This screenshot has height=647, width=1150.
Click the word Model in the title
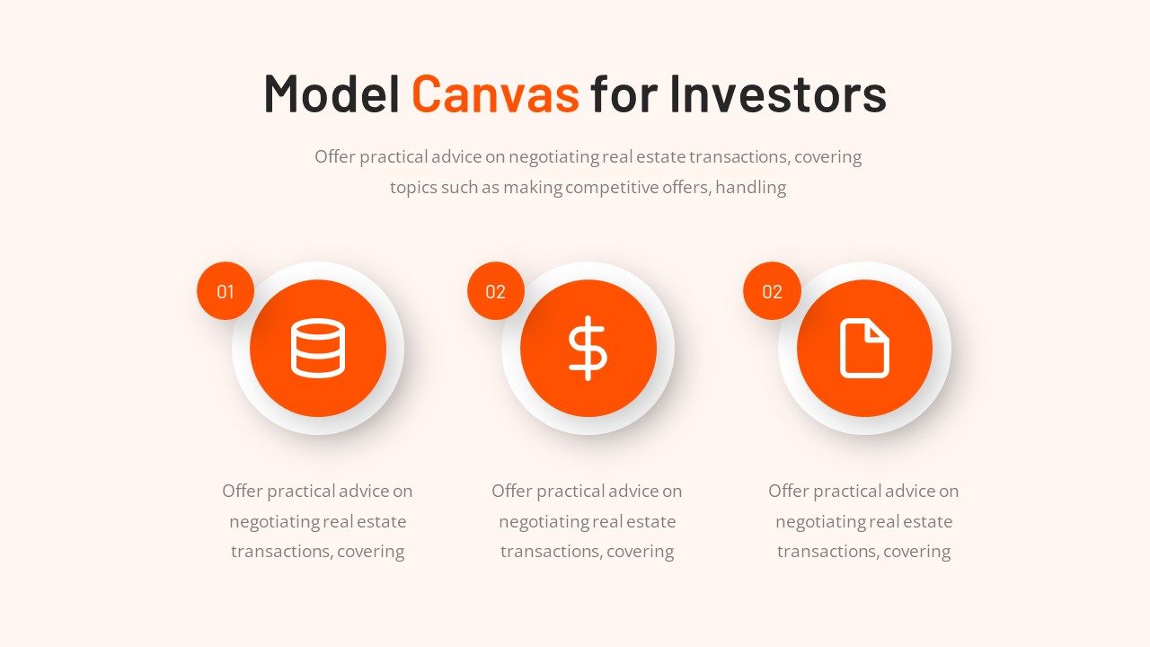click(332, 93)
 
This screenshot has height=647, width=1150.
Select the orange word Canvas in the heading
click(495, 93)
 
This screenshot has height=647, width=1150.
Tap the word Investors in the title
click(778, 93)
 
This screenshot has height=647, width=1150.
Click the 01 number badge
click(226, 291)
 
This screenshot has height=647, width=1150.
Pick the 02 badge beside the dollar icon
click(496, 291)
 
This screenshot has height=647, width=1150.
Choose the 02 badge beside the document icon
click(772, 291)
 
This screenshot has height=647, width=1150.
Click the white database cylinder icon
click(318, 348)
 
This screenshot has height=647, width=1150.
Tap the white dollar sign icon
click(588, 348)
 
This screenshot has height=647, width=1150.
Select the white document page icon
click(864, 348)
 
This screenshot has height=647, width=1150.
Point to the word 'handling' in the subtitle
click(750, 188)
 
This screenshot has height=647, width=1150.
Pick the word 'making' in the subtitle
click(532, 188)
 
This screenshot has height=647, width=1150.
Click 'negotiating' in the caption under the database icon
click(273, 522)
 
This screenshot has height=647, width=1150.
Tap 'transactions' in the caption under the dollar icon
click(550, 552)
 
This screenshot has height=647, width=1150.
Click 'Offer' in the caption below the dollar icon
click(512, 492)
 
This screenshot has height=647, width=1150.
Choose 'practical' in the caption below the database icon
click(311, 492)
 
